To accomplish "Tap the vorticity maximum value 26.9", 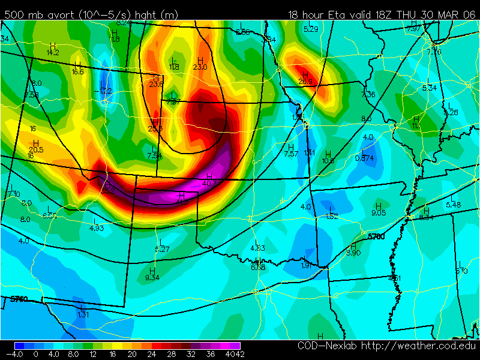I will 305,82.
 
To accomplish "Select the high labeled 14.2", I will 53,52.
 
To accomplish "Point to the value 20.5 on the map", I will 36,149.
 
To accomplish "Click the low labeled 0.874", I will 364,158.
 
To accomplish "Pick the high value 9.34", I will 152,277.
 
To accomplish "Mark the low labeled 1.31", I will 83,314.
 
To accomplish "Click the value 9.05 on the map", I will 378,212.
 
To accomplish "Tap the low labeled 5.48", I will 453,205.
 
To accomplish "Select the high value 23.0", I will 200,67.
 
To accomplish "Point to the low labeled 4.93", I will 97,228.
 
